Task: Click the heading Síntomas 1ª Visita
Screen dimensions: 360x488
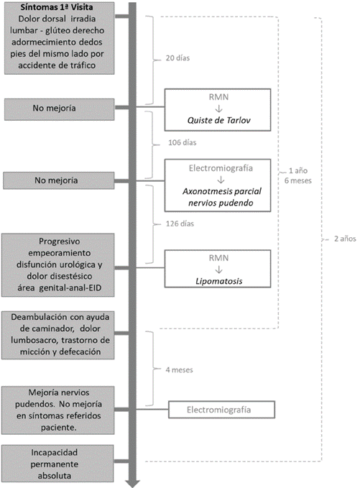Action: click(x=57, y=7)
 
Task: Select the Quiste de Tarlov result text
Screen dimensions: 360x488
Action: click(x=218, y=120)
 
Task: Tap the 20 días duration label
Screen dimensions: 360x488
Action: click(x=177, y=58)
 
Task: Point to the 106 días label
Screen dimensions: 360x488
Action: click(x=183, y=142)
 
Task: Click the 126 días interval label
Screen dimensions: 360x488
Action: click(x=180, y=224)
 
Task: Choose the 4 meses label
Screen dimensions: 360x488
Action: click(x=179, y=369)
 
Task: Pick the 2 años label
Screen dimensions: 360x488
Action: click(x=345, y=239)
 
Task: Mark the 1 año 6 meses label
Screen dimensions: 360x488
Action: click(x=297, y=175)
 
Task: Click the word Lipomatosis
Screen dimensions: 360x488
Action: click(x=218, y=281)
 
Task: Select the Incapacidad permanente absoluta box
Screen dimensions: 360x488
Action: click(x=58, y=464)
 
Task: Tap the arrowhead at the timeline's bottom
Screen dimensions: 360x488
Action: click(x=132, y=484)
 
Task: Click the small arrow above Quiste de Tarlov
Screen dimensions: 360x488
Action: click(x=218, y=109)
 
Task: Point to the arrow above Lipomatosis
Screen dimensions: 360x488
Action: click(x=218, y=270)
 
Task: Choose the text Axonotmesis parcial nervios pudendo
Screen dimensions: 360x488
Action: click(x=221, y=197)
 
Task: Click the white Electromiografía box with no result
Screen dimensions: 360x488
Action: click(x=221, y=410)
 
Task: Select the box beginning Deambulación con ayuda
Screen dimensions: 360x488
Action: click(x=58, y=335)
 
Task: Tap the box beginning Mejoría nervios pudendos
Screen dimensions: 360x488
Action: click(x=58, y=410)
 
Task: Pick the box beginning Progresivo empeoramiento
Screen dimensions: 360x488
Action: click(x=58, y=265)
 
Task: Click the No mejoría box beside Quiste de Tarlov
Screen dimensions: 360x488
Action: click(x=59, y=109)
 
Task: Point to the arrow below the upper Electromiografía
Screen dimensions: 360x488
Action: click(x=221, y=180)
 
